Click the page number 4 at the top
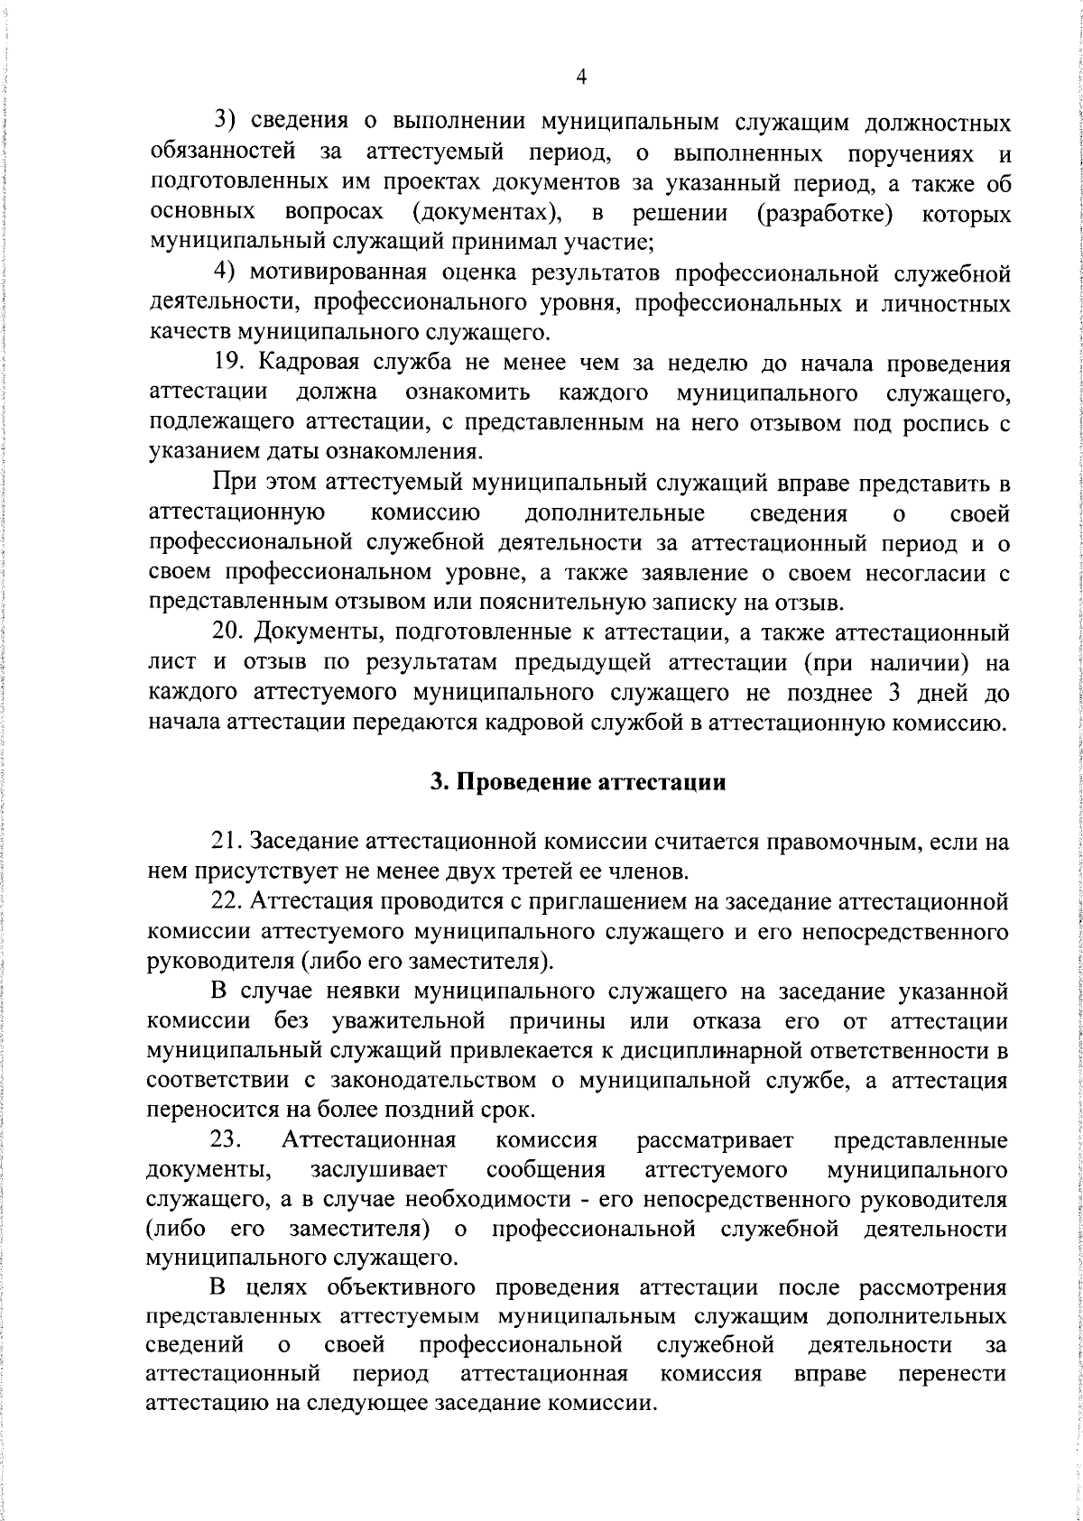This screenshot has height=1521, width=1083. coord(581,78)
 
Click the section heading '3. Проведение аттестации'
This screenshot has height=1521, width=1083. coord(579,781)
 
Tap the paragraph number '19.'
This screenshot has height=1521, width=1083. coord(232,364)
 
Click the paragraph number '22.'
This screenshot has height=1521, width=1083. coord(229,900)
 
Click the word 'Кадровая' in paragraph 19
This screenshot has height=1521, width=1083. coord(312,364)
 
